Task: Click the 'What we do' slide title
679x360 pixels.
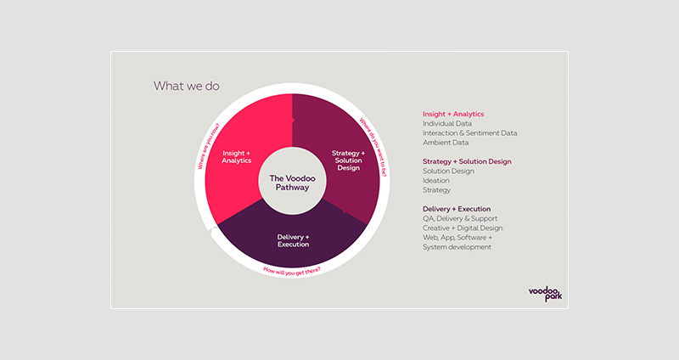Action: (186, 86)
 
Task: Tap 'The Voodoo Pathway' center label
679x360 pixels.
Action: (292, 183)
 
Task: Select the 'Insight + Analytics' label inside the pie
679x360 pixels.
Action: (237, 157)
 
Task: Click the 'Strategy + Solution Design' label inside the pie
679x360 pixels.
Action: (348, 160)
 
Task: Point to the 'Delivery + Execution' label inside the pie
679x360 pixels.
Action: (293, 240)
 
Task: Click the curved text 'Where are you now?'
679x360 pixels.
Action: (209, 146)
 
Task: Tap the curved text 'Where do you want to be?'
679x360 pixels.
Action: (373, 147)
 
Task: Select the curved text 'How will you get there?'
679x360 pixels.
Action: (292, 272)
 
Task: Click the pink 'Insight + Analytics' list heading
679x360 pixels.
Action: (453, 114)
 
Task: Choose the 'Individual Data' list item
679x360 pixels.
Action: (447, 123)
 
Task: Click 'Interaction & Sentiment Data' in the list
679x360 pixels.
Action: (470, 133)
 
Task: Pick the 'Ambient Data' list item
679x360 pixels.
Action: (446, 143)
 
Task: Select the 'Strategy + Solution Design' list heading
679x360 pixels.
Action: (467, 161)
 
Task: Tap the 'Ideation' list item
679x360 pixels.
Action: (436, 181)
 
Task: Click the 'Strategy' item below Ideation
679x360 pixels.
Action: (436, 190)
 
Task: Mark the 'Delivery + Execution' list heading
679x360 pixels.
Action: (457, 209)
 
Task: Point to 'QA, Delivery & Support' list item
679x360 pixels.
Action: (460, 219)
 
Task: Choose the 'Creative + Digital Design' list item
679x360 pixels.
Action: (463, 228)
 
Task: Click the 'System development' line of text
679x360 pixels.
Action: (457, 247)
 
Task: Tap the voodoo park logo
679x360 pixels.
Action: (545, 294)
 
